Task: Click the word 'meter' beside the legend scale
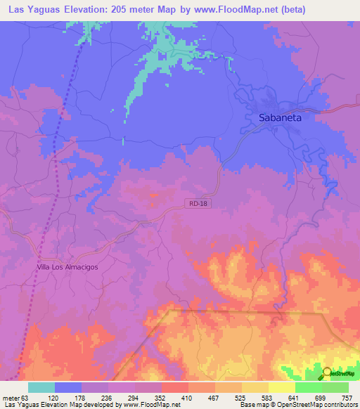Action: pos(11,397)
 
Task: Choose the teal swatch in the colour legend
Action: pos(41,387)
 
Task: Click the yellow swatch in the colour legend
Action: pos(281,387)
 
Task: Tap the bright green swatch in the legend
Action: pos(308,387)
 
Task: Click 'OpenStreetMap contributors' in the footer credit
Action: pos(315,405)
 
